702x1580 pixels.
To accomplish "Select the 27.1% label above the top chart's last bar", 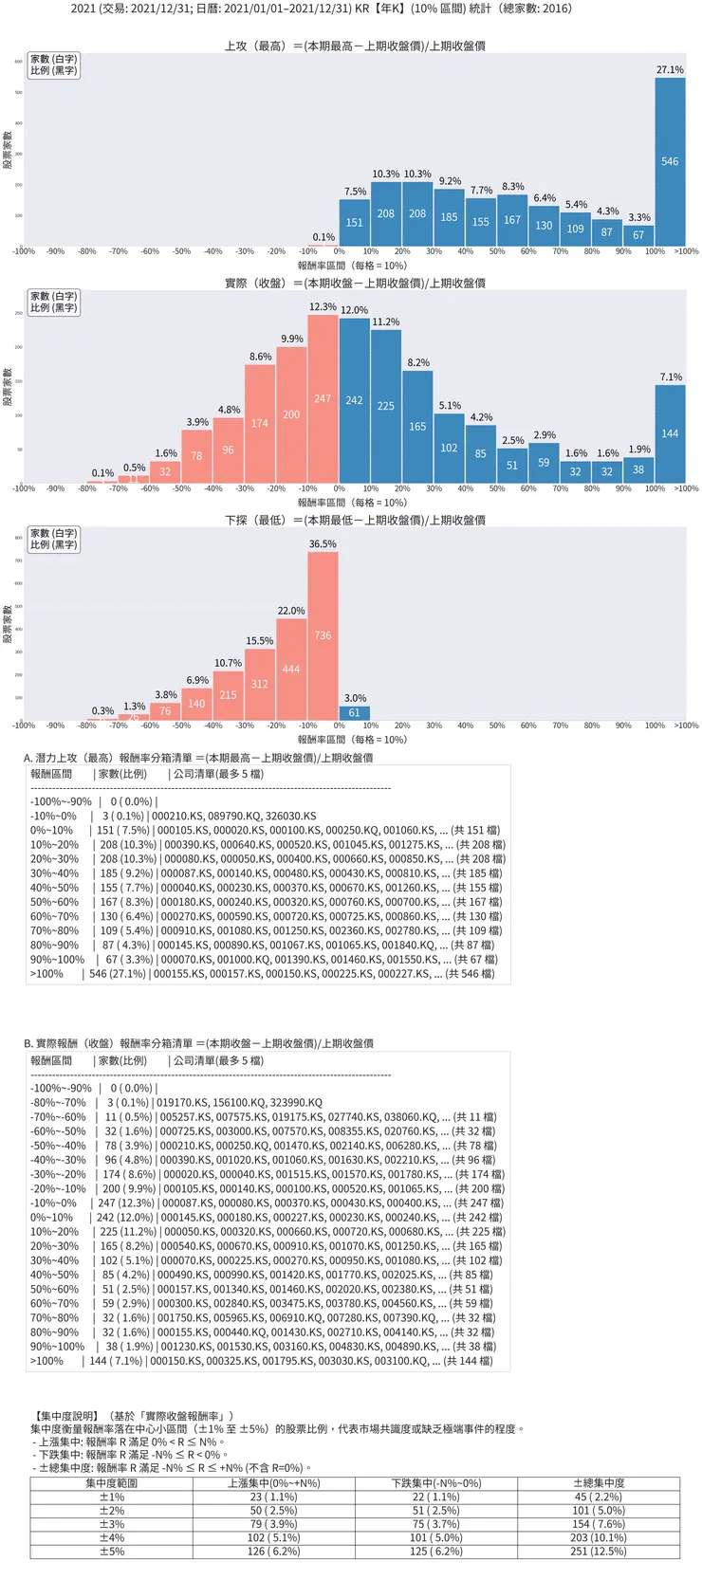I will pos(670,70).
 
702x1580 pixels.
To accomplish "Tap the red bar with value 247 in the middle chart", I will pos(323,399).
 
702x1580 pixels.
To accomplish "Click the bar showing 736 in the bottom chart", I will pos(323,635).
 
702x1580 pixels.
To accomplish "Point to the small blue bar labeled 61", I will pos(354,713).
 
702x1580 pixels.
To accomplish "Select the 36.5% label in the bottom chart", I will pos(323,544).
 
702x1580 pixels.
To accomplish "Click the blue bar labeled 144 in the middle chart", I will pos(670,433).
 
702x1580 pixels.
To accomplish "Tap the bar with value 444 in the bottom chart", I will pos(291,670).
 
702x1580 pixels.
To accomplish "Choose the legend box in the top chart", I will pos(53,64).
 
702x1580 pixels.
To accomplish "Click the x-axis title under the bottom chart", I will pos(352,740).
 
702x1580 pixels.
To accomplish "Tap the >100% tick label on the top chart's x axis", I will pos(686,251).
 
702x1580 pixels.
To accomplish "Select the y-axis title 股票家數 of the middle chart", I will pos(8,387).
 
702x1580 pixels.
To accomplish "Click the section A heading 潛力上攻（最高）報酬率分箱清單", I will pos(198,758).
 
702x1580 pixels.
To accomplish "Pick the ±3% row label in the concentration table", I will pos(112,1524).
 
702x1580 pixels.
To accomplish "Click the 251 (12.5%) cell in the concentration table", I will pos(599,1552).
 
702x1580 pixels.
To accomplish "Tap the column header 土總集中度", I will pos(599,1483).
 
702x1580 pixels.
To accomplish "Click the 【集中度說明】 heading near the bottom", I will pos(64,1416).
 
